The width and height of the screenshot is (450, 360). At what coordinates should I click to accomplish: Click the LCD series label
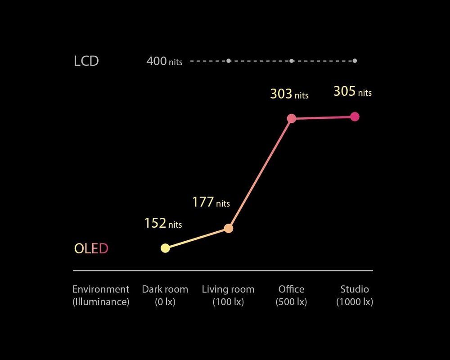(86, 61)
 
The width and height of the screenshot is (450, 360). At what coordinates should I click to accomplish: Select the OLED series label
(91, 248)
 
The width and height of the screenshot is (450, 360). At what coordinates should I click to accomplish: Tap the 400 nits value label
(164, 61)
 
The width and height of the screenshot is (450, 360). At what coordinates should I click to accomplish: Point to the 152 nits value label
(163, 223)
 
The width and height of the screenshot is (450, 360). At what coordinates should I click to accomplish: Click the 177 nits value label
(211, 202)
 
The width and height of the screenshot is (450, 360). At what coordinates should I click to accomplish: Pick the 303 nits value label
(289, 94)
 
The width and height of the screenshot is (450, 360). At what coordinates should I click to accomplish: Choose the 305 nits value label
(352, 91)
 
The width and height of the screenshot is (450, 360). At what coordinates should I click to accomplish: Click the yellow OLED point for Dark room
(165, 248)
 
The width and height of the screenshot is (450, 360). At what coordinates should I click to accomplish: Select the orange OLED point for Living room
(229, 229)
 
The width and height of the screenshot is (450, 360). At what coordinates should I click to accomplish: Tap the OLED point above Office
(292, 118)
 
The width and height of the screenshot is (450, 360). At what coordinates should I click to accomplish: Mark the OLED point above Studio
(355, 117)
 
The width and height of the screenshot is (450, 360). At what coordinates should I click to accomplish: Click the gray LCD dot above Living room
(229, 61)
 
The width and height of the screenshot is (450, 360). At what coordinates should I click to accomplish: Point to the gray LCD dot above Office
(292, 61)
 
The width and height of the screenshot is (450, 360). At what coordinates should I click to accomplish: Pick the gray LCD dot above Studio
(355, 61)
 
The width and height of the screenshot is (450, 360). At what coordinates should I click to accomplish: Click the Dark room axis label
(165, 295)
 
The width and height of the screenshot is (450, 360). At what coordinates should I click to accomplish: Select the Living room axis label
(228, 295)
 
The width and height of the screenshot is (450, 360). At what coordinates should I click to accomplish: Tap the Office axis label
(291, 295)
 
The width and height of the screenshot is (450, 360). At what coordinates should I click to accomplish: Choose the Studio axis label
(355, 295)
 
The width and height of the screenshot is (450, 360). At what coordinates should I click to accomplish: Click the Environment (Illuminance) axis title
(101, 295)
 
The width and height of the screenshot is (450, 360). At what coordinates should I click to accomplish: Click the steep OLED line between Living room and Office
(260, 173)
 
